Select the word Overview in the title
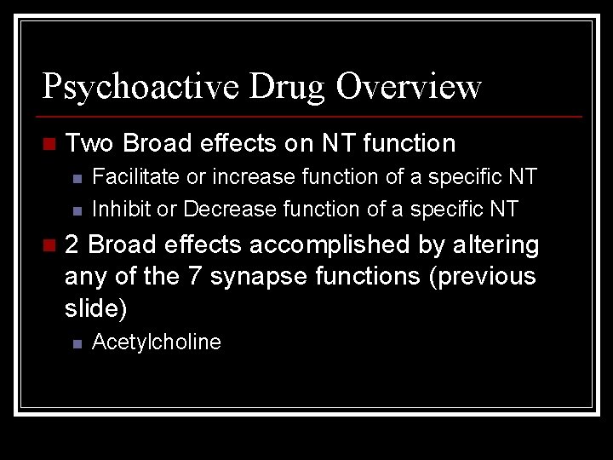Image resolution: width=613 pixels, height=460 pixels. (409, 87)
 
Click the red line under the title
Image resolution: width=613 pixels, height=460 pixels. (312, 116)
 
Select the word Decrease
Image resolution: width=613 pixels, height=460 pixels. (230, 209)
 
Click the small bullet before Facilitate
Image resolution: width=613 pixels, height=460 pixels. (76, 178)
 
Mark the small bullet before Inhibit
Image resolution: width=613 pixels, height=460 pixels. (76, 210)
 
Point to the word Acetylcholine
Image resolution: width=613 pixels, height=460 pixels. (156, 342)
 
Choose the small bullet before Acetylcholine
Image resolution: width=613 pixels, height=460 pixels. (76, 343)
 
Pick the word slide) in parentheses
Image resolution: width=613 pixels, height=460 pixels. (95, 308)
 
